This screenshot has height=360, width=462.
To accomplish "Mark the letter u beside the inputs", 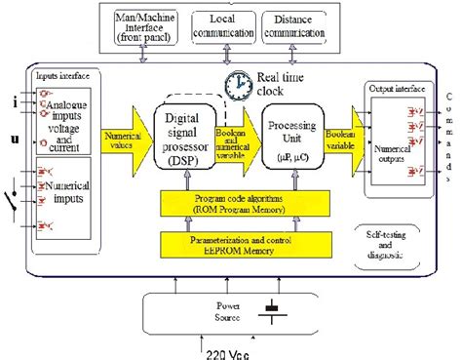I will click(x=14, y=139).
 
